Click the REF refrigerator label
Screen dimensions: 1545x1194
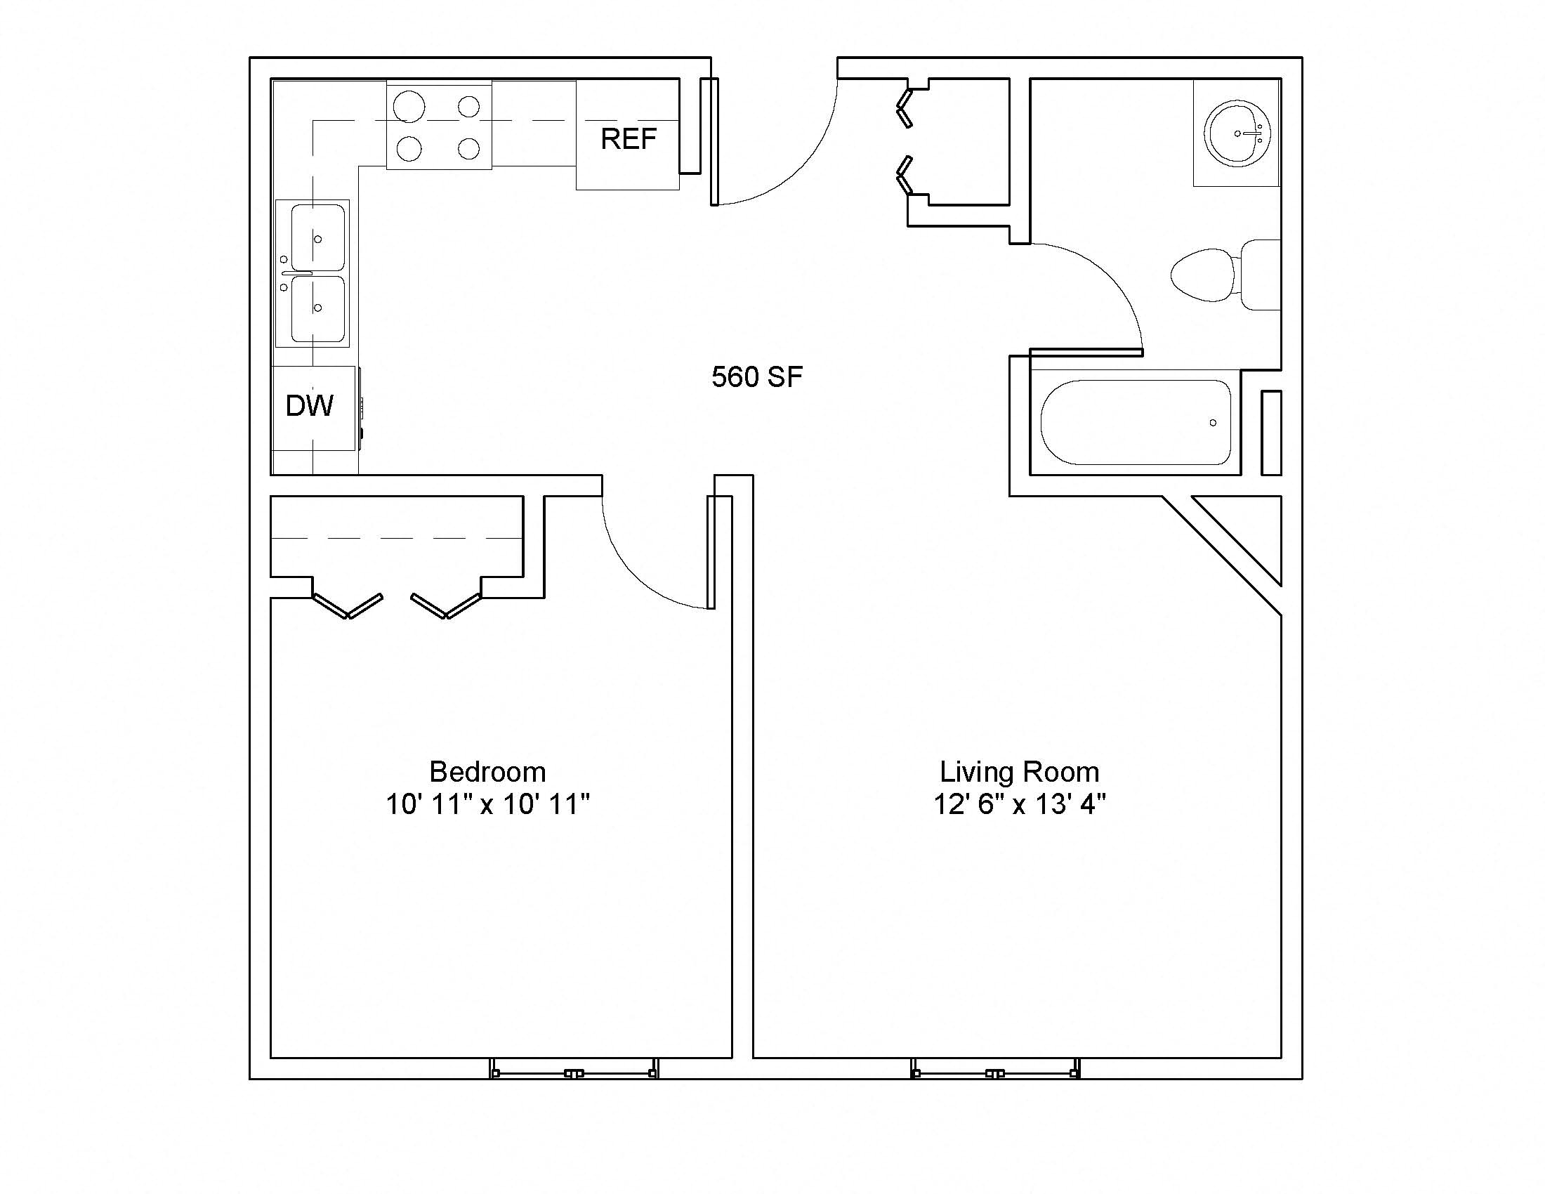click(629, 138)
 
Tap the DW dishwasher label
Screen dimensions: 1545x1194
click(310, 405)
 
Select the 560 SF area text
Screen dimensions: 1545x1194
click(757, 377)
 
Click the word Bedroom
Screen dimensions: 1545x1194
click(487, 771)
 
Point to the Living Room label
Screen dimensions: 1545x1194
click(1020, 771)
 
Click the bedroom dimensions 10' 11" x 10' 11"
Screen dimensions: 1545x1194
click(487, 804)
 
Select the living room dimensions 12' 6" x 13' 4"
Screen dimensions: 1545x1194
click(1020, 804)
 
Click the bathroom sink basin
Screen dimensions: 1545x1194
click(1239, 133)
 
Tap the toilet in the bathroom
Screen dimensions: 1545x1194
click(1226, 275)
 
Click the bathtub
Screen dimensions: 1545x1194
click(1136, 422)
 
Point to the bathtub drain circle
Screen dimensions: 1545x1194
click(1214, 423)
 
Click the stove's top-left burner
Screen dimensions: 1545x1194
click(409, 107)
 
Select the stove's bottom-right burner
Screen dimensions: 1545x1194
click(469, 148)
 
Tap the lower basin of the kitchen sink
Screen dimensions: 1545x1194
click(318, 308)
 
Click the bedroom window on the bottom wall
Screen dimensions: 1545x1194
click(574, 1069)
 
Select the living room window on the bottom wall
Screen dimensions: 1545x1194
click(995, 1069)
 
